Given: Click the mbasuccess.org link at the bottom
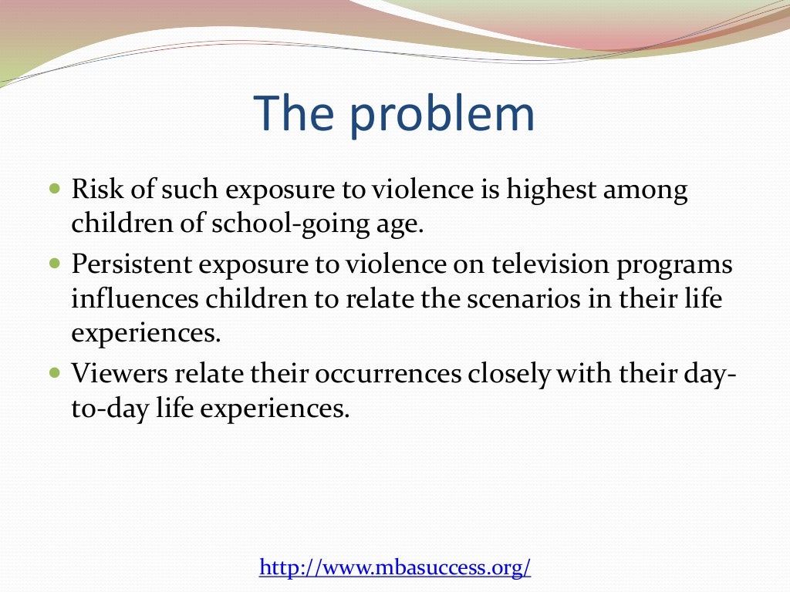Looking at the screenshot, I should click(395, 568).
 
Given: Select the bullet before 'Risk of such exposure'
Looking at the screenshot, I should click(54, 188).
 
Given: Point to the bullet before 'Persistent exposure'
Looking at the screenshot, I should click(54, 263).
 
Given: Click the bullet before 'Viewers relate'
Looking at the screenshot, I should click(54, 372).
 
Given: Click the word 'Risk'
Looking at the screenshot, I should click(93, 190).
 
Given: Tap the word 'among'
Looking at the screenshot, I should click(647, 191).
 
